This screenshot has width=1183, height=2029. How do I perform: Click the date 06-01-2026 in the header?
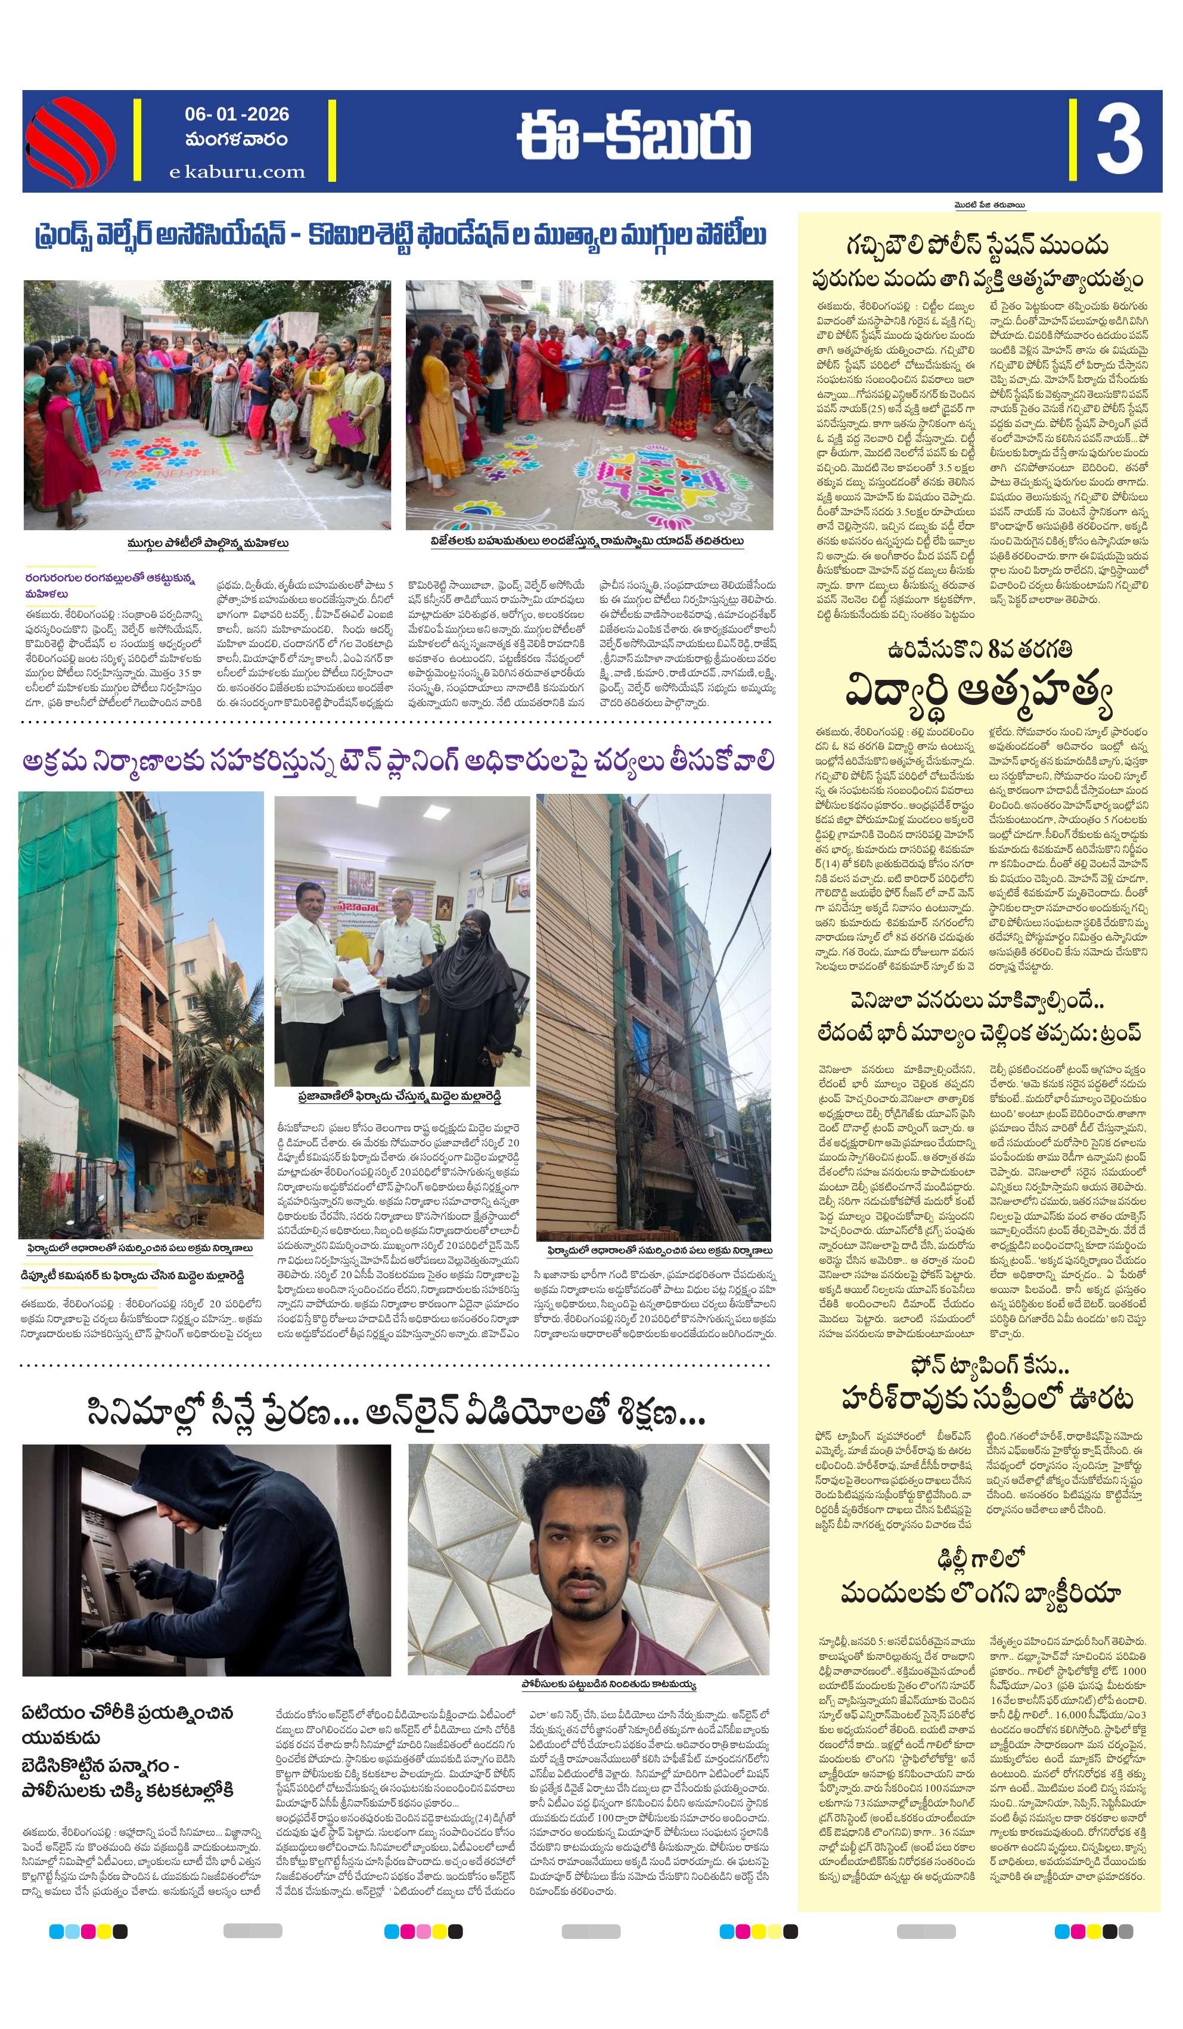[x=237, y=115]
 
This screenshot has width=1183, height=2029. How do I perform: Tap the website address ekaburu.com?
[x=237, y=172]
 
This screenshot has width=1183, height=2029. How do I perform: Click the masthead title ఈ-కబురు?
[x=634, y=138]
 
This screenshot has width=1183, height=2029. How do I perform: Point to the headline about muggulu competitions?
[x=400, y=237]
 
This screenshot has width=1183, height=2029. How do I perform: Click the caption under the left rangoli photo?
[x=207, y=543]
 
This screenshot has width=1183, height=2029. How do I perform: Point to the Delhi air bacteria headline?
[x=980, y=1578]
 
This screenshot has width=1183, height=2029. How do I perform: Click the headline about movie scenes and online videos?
[x=396, y=1413]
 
